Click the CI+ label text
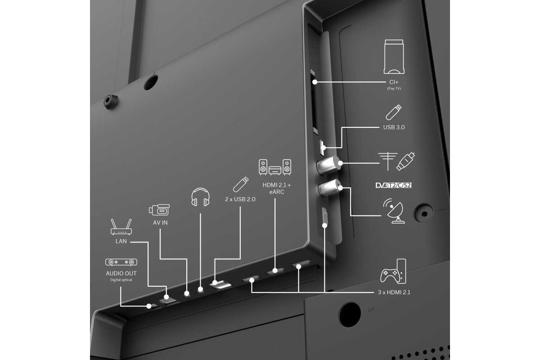point(394,82)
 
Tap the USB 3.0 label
point(394,127)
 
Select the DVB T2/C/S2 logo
point(394,185)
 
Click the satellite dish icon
point(394,211)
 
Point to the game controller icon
point(390,275)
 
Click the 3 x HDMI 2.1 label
point(394,292)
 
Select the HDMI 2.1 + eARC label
point(277,189)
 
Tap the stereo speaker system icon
point(275,167)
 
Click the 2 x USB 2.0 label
point(240,199)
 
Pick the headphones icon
point(200,197)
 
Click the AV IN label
point(160,223)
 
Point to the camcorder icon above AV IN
point(159,210)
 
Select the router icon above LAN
point(121,227)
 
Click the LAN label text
point(121,241)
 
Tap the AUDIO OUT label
point(121,274)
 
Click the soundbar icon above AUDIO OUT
point(121,262)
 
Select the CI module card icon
point(394,57)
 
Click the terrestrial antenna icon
point(387,162)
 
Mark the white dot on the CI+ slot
point(315,82)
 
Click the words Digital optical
point(121,280)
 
